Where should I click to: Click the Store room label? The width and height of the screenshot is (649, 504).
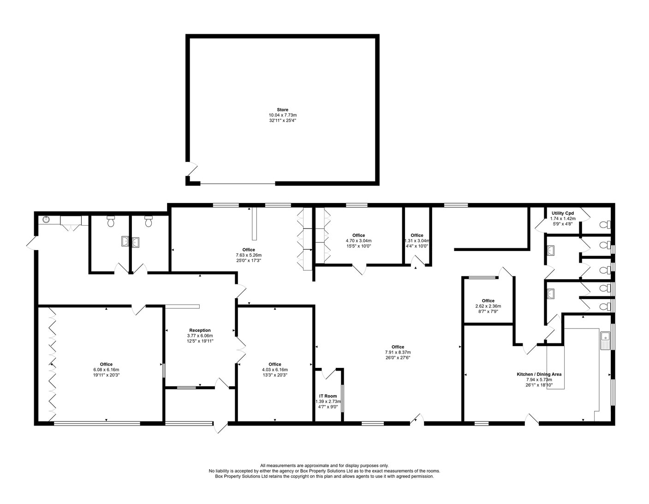pyautogui.click(x=282, y=110)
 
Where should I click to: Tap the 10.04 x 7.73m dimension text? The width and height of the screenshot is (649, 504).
pyautogui.click(x=282, y=115)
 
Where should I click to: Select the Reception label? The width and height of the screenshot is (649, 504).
pyautogui.click(x=200, y=330)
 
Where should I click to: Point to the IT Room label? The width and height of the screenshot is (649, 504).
pyautogui.click(x=328, y=396)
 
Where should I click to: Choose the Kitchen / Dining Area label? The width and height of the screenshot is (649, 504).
pyautogui.click(x=539, y=374)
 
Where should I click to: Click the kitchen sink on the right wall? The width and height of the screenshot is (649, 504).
pyautogui.click(x=605, y=341)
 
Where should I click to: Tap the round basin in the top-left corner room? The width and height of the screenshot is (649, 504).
pyautogui.click(x=46, y=220)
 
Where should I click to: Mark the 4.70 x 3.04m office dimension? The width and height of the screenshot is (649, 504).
pyautogui.click(x=358, y=240)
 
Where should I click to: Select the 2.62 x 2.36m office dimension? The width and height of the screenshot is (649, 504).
pyautogui.click(x=488, y=306)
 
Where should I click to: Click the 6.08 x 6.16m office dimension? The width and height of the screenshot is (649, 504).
pyautogui.click(x=106, y=370)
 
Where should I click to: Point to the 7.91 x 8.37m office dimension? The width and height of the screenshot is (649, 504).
pyautogui.click(x=398, y=352)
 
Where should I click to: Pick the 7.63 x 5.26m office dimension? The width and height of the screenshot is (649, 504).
pyautogui.click(x=249, y=255)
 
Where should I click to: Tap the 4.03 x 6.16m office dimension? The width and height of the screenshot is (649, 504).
pyautogui.click(x=274, y=370)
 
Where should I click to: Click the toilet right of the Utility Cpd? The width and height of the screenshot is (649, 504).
pyautogui.click(x=604, y=225)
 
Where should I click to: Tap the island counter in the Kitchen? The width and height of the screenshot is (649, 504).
pyautogui.click(x=555, y=367)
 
